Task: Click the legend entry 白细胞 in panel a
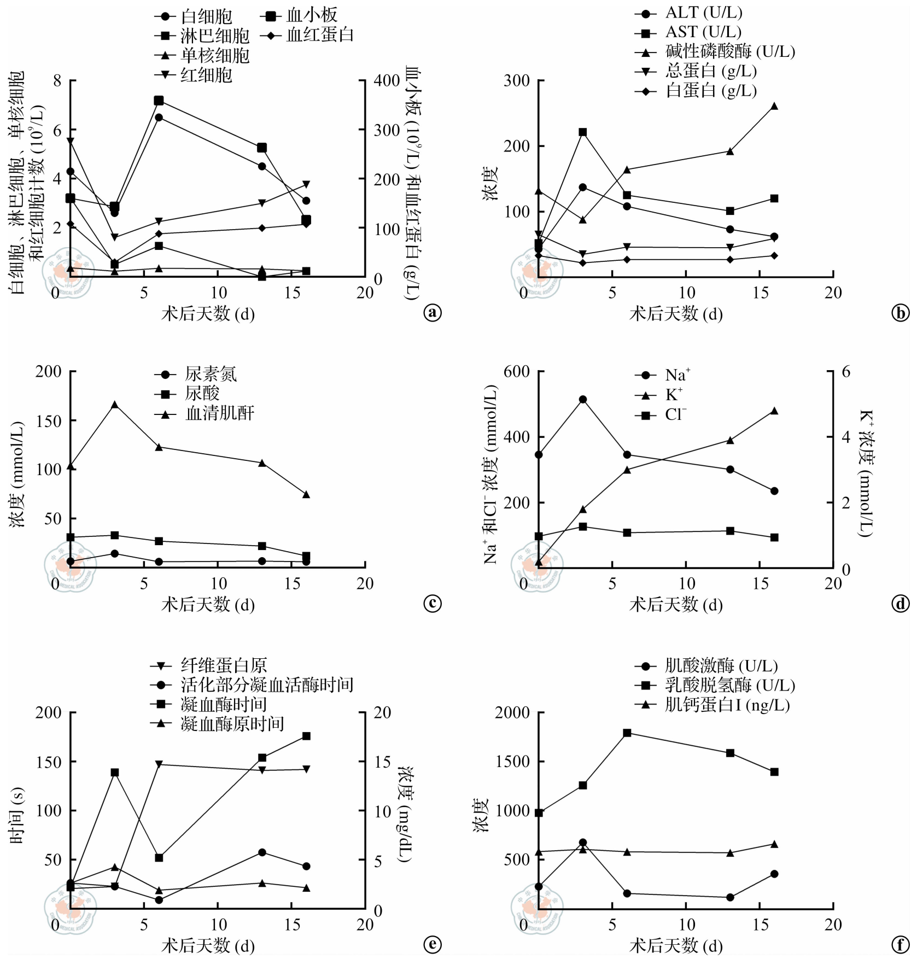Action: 206,16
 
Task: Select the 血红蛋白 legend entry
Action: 319,36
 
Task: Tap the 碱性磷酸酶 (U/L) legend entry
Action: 729,51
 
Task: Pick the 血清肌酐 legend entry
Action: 219,413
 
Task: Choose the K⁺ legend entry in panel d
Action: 673,395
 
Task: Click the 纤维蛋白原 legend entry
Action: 223,665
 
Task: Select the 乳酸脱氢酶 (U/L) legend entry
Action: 729,685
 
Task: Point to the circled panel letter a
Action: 432,313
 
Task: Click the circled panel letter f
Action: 900,945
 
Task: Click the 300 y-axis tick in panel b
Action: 516,81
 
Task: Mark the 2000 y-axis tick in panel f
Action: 512,712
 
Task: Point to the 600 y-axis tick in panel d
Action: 516,372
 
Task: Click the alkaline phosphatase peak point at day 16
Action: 774,106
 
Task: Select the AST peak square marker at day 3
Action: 582,132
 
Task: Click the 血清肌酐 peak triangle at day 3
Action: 114,405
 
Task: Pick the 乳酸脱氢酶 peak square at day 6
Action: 627,733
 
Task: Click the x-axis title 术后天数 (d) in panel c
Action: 208,605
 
